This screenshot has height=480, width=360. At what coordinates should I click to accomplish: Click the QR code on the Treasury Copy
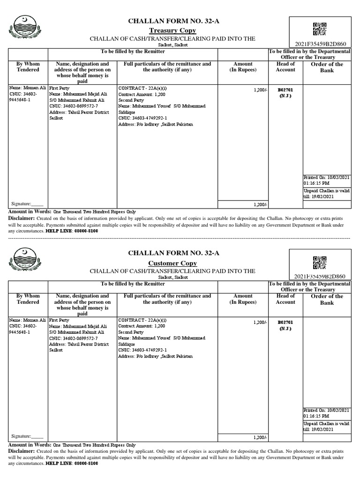click(x=320, y=29)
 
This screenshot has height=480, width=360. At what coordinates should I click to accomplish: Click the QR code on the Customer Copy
click(x=320, y=262)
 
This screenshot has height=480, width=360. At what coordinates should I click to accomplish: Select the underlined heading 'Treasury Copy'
click(x=170, y=30)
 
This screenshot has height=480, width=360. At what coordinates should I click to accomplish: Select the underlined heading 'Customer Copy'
click(x=170, y=263)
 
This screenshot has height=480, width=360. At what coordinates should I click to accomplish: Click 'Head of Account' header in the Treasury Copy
click(x=285, y=67)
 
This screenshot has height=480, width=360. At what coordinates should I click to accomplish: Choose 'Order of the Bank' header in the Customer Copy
click(x=327, y=300)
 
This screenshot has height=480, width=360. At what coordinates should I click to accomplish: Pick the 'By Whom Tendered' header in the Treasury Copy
click(x=29, y=67)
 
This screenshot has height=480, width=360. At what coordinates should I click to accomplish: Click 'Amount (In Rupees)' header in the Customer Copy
click(x=243, y=299)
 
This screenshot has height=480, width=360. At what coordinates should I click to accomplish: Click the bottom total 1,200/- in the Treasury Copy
click(x=260, y=204)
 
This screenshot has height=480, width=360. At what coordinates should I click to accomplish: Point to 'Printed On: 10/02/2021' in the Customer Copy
click(x=326, y=410)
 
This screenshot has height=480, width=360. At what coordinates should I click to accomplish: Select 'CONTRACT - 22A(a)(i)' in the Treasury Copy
click(x=142, y=88)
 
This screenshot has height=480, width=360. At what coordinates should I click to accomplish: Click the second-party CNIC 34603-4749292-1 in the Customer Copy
click(x=142, y=350)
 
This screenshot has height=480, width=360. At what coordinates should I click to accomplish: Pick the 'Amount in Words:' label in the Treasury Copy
click(x=30, y=212)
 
